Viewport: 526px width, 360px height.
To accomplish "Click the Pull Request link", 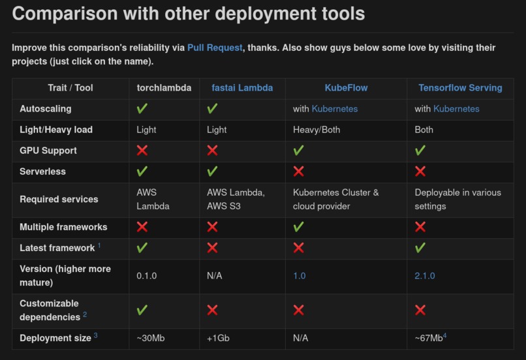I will click(215, 48).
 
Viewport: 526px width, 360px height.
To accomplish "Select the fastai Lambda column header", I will click(242, 87).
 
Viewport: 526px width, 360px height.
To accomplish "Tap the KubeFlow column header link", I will click(346, 87).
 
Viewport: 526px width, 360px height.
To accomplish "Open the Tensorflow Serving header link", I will click(460, 87).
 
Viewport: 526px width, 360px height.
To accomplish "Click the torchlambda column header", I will click(164, 87).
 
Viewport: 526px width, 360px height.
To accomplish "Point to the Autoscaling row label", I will click(46, 109).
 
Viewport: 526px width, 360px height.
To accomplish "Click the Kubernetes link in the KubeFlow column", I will click(334, 109).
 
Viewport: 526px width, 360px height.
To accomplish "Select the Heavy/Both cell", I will click(317, 130).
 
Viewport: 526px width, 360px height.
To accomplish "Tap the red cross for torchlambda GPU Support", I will click(142, 151).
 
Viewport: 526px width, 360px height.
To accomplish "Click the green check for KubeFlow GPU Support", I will click(299, 151).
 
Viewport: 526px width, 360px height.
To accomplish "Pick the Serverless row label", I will click(43, 172).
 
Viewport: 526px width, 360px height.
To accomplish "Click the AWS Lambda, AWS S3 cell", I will click(236, 200).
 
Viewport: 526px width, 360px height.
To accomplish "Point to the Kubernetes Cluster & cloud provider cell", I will click(335, 200).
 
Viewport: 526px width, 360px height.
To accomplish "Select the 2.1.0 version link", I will click(425, 276).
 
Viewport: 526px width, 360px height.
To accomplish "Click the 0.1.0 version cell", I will click(147, 276).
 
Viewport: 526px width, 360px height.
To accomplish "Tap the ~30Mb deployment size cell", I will click(150, 338).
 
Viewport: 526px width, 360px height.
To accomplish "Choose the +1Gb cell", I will click(218, 338).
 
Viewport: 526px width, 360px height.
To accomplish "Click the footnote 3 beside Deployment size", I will click(95, 336).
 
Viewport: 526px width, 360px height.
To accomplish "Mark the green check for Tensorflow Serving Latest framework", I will click(420, 248).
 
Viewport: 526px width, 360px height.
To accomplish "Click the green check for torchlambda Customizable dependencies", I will click(142, 310).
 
